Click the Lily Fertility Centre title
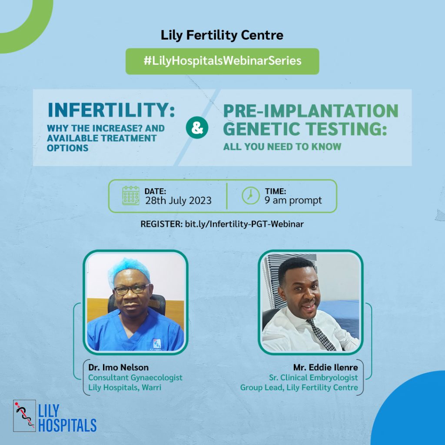point(222,36)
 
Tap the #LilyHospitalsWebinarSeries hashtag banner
point(222,61)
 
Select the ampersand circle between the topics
point(197,127)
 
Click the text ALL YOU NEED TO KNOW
point(282,147)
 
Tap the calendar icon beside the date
point(131,196)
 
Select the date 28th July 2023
point(178,201)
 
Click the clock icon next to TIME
point(251,196)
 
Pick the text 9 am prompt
point(293,200)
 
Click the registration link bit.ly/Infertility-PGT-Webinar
point(244,224)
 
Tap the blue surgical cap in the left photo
point(129,270)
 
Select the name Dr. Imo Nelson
point(118,368)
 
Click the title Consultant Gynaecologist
point(135,378)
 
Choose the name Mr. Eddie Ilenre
point(325,368)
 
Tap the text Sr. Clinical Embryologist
point(313,378)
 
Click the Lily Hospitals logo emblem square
point(24,416)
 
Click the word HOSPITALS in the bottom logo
point(67,425)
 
